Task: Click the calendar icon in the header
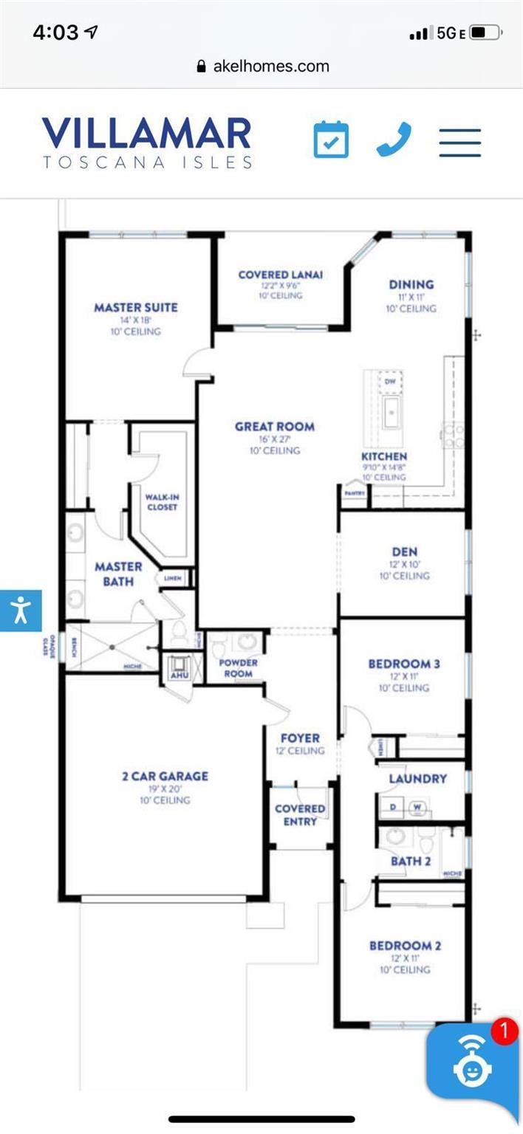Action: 331,140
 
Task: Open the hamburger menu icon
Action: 459,142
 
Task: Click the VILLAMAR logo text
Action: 147,134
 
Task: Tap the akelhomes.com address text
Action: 270,66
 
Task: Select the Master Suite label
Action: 136,307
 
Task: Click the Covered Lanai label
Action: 280,275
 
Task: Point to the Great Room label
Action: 275,426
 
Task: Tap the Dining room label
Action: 411,284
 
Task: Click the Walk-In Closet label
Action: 162,502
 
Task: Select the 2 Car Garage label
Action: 165,776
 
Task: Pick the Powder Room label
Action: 238,667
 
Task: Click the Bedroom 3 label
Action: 404,664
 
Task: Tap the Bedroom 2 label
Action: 406,946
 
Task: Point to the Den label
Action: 405,551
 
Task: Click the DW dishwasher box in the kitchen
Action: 389,382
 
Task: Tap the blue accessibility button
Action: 20,611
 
